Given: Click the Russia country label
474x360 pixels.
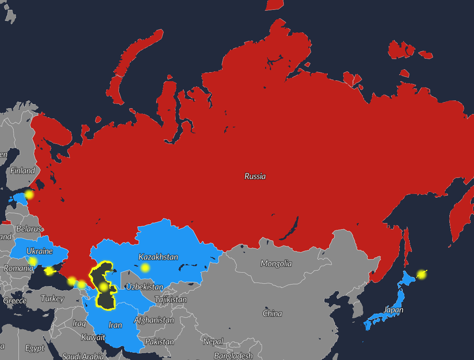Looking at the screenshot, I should click(x=255, y=176).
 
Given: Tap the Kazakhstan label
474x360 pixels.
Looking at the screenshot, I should click(x=158, y=257).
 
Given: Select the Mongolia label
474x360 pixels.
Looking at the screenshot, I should click(x=276, y=263).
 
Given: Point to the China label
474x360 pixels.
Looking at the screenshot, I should click(x=272, y=313).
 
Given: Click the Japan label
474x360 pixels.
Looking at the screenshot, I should click(x=393, y=310).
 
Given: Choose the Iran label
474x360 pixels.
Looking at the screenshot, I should click(x=115, y=325).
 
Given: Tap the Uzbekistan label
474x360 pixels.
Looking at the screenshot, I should click(x=144, y=287).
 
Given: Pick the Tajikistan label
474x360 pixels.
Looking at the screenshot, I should click(x=171, y=300).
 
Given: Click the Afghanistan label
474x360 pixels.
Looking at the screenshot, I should click(x=154, y=320).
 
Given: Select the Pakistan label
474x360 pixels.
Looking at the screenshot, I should click(x=160, y=342).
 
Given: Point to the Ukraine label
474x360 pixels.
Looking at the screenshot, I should click(x=39, y=251).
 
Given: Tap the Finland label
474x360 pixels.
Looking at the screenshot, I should click(x=23, y=171).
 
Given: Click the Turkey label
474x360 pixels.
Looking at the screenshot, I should click(x=52, y=298).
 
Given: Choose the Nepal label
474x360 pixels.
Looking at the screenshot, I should click(x=213, y=342).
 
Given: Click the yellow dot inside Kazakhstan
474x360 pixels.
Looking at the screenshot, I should click(x=145, y=268).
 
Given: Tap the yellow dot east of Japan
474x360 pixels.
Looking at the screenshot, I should click(x=421, y=275).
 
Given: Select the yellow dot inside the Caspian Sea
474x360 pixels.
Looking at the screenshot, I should click(x=104, y=287).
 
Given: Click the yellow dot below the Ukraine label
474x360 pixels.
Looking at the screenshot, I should click(x=33, y=261).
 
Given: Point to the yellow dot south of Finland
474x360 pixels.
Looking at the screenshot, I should click(x=29, y=195).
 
